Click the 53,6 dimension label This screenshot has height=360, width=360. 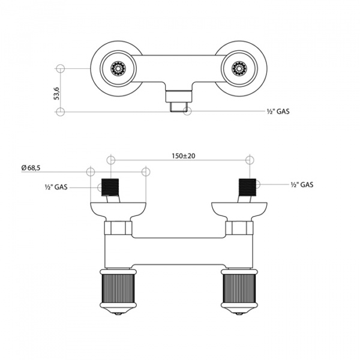(x=56, y=94)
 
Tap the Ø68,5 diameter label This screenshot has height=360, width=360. (x=31, y=169)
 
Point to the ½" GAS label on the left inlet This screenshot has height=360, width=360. (x=55, y=187)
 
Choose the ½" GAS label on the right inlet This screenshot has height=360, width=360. (x=302, y=185)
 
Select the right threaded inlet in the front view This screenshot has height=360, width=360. (x=248, y=188)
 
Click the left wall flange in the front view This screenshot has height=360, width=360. (x=117, y=209)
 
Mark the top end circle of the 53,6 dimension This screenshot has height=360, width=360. (x=60, y=68)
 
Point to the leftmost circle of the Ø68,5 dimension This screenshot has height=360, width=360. (x=91, y=172)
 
